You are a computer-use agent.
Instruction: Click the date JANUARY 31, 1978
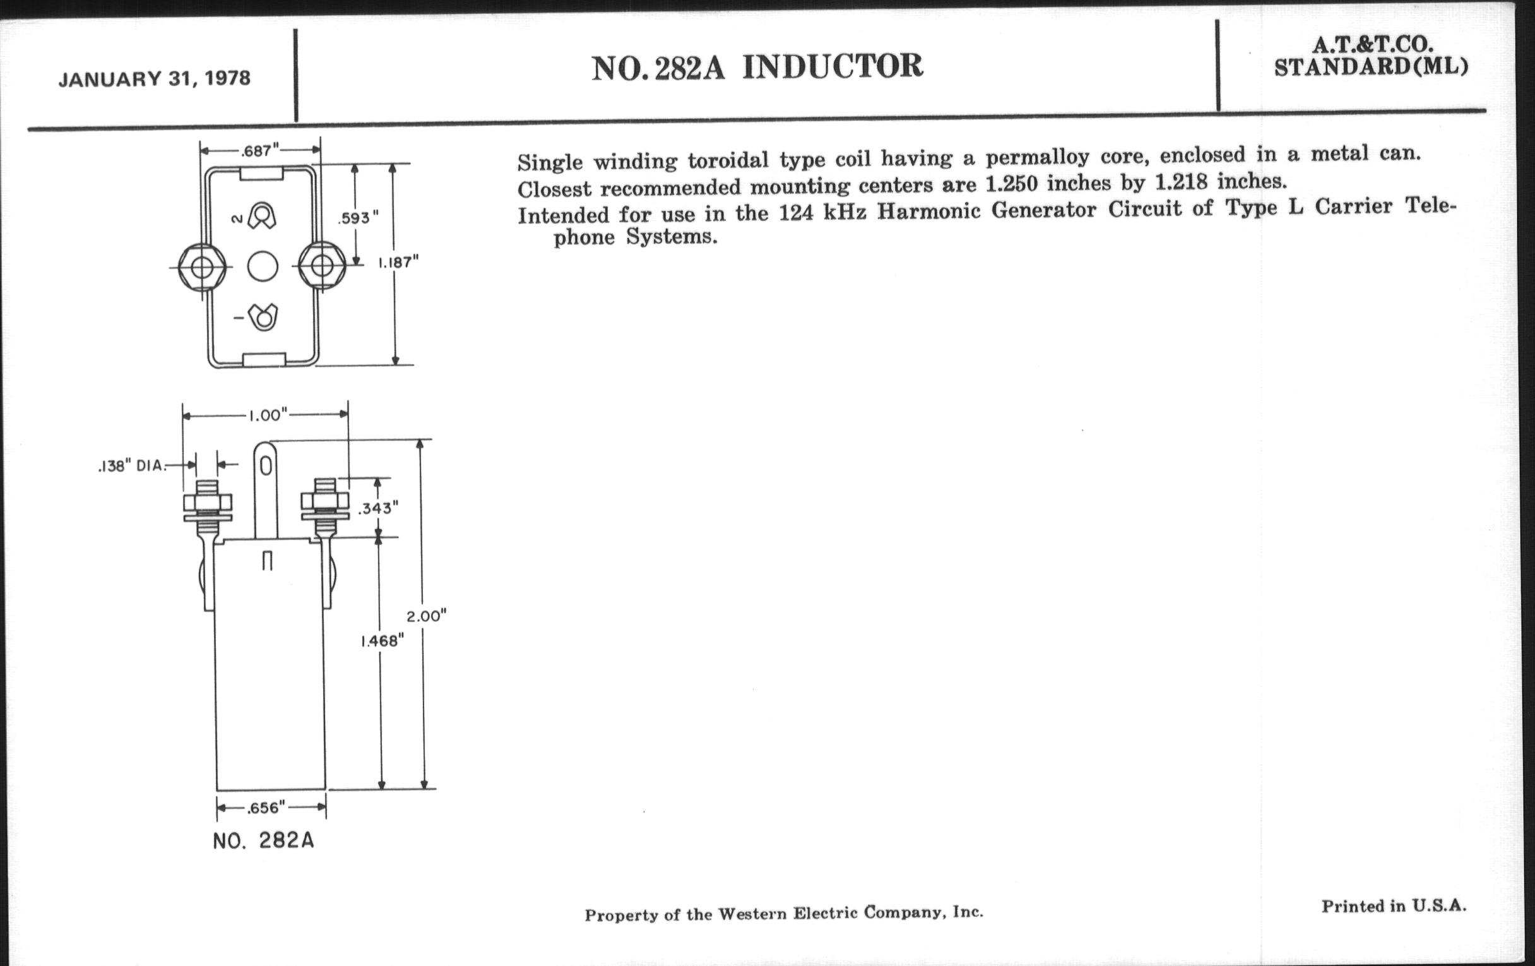pos(154,78)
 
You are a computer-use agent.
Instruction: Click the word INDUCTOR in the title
pos(832,66)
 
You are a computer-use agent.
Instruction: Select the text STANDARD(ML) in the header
pos(1370,66)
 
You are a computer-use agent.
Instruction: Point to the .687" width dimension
pos(260,151)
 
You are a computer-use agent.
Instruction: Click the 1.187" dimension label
pos(398,262)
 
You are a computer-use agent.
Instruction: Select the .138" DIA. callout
pos(132,466)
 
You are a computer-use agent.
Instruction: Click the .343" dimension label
pos(378,508)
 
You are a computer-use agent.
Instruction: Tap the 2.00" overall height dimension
pos(427,616)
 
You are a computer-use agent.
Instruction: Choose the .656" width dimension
pos(266,808)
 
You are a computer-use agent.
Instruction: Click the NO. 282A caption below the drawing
pos(263,840)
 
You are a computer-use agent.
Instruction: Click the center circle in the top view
pos(263,266)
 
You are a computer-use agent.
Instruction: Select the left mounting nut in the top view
pos(202,267)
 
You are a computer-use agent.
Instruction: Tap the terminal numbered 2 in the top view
pos(261,215)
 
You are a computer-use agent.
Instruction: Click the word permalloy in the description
pos(1037,157)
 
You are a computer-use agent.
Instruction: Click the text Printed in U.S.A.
pos(1394,906)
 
